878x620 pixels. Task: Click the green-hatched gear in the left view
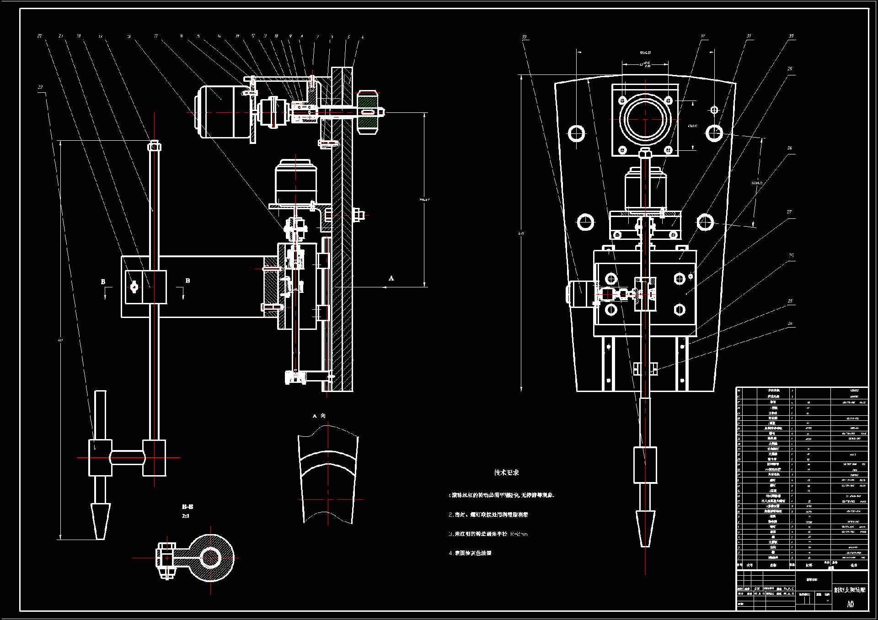(x=367, y=112)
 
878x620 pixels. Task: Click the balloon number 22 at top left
(x=40, y=36)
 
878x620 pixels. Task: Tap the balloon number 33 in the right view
(x=524, y=37)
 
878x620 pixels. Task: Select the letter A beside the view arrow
(x=391, y=278)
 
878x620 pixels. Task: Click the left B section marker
(x=103, y=282)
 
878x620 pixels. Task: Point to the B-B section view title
(x=187, y=507)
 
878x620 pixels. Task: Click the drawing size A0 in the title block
(x=850, y=604)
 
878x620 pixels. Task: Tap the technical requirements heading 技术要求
(x=506, y=472)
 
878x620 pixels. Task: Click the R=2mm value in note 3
(x=519, y=534)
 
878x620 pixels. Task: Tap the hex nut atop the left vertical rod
(x=154, y=146)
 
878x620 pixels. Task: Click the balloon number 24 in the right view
(x=790, y=323)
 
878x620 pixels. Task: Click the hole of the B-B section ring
(x=211, y=558)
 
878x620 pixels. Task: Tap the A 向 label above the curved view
(x=319, y=416)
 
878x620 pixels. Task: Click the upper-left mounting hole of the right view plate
(x=576, y=133)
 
